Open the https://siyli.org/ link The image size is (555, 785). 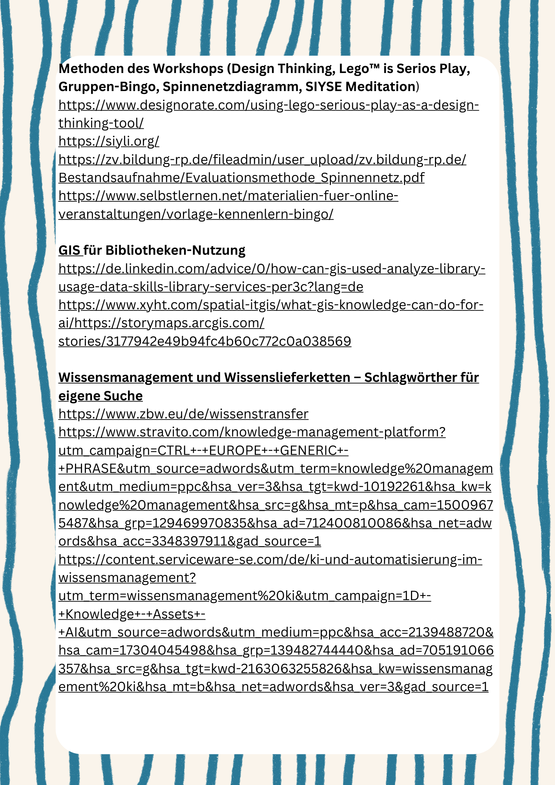[109, 141]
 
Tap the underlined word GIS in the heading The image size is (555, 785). [69, 250]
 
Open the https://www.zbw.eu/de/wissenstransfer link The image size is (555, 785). [183, 414]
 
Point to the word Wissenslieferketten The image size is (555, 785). [287, 378]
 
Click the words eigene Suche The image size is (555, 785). [100, 396]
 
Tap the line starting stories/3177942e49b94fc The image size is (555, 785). [204, 341]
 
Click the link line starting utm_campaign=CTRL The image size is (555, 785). [203, 451]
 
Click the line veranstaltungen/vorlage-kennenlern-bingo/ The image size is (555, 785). [196, 214]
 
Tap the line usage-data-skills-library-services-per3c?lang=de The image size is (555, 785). [211, 287]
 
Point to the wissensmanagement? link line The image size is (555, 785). [127, 578]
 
